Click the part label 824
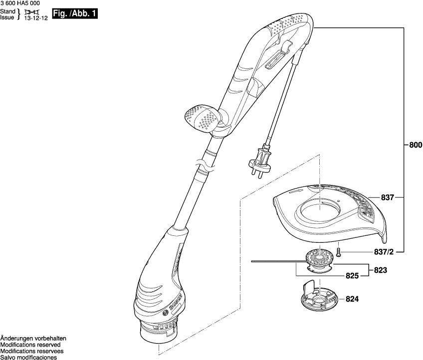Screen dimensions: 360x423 [x=352, y=300]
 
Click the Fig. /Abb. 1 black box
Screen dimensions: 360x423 [x=75, y=13]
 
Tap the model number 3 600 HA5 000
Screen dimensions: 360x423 [x=19, y=3]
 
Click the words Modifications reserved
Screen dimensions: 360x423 [x=30, y=345]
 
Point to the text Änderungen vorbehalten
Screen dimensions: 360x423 [x=33, y=338]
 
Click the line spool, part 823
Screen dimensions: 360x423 [x=318, y=259]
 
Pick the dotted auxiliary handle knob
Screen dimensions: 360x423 [x=202, y=118]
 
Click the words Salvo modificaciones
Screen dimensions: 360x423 [x=28, y=357]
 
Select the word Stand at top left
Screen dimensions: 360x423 [x=7, y=11]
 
